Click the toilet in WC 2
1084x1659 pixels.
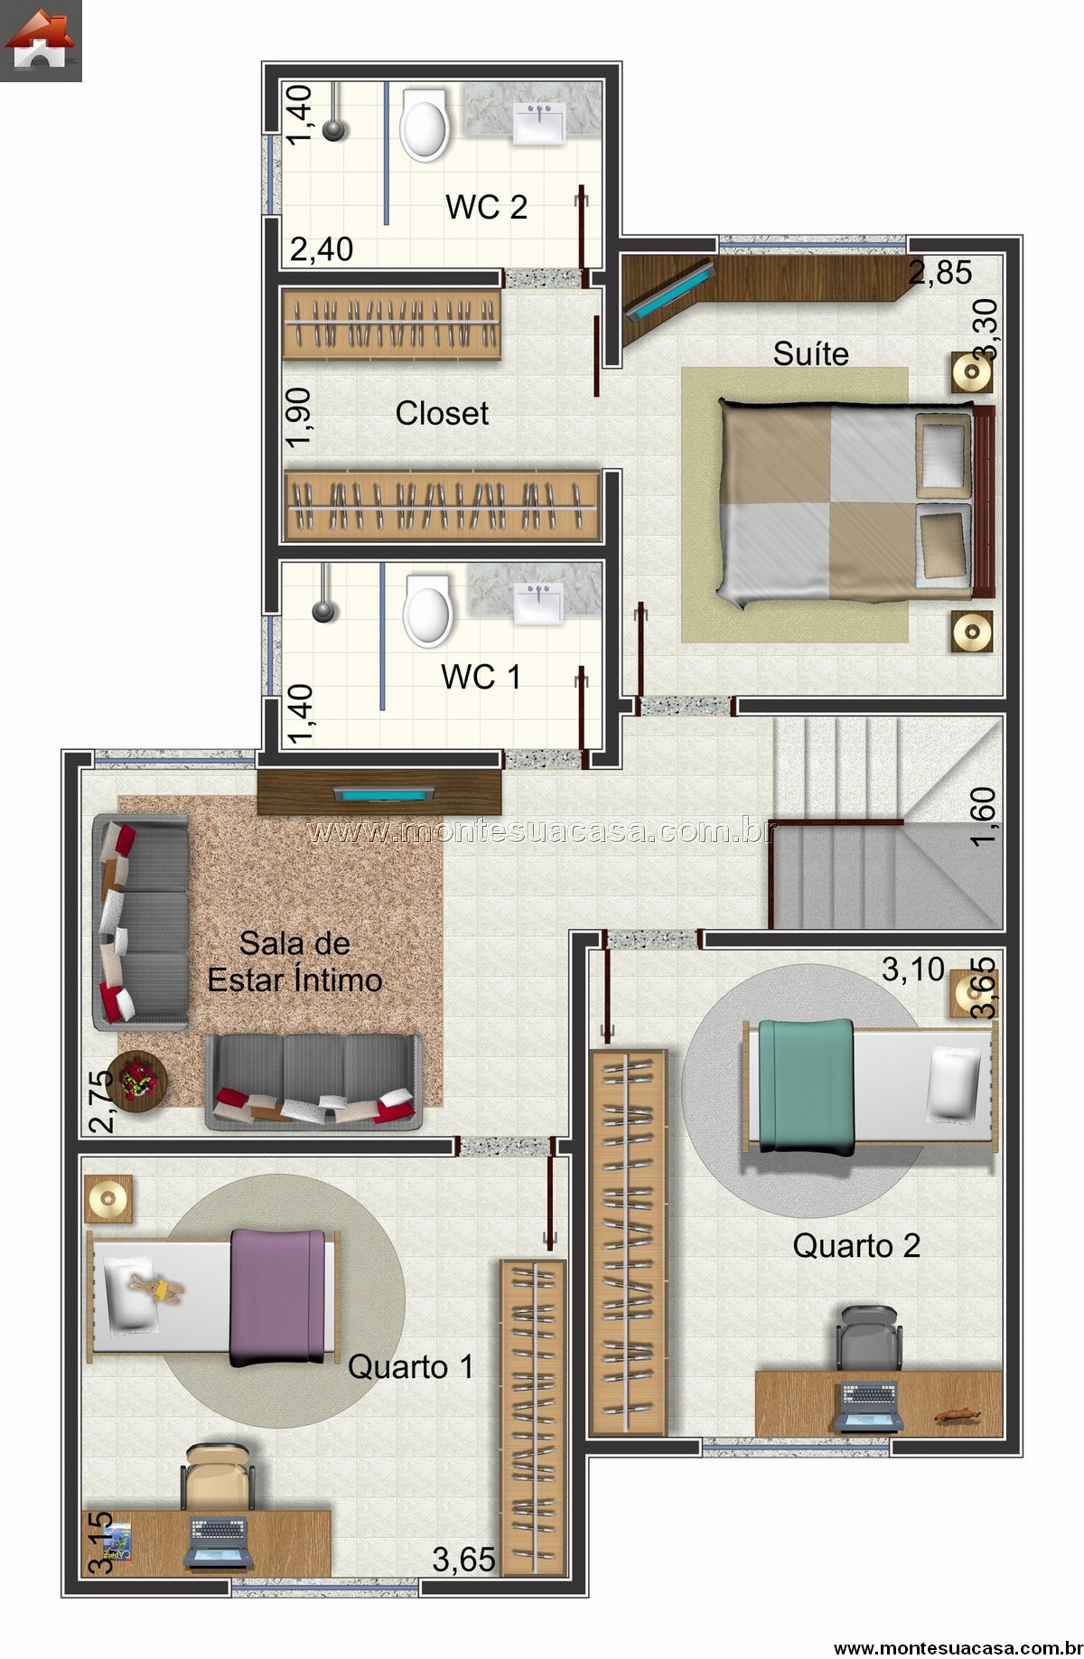point(424,125)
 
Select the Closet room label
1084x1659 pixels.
point(442,414)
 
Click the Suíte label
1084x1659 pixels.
point(810,353)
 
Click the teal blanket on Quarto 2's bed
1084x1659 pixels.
point(806,1086)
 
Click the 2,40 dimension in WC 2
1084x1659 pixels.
point(322,248)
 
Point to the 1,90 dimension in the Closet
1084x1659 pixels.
point(297,417)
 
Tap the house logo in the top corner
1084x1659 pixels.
point(41,41)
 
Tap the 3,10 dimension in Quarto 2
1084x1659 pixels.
point(912,970)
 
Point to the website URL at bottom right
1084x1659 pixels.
point(955,1648)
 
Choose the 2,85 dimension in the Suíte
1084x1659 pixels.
point(940,272)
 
